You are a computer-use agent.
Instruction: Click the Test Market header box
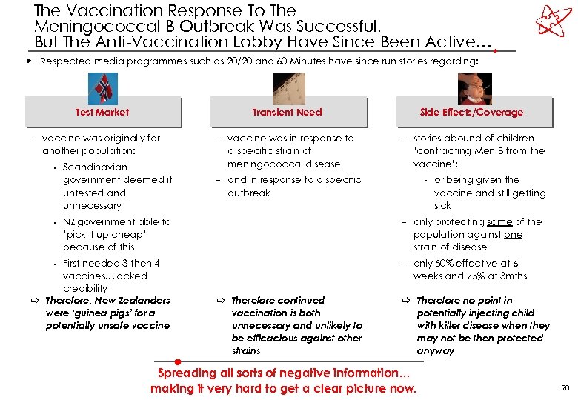point(102,112)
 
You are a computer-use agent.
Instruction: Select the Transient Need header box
point(288,112)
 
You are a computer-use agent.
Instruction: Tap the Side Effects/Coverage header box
point(471,112)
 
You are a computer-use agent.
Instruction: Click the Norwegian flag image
point(103,87)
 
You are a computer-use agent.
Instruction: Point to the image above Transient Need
point(288,87)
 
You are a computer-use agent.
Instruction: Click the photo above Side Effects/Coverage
point(473,87)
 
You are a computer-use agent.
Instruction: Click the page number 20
point(565,388)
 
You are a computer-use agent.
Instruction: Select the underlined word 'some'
point(499,221)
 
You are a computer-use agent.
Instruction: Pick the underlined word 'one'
point(514,234)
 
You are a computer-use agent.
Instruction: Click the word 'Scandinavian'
point(95,167)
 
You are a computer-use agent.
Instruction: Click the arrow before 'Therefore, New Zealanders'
point(35,301)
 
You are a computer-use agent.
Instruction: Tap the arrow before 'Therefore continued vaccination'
point(220,301)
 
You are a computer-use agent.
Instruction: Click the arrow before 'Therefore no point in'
point(405,301)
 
